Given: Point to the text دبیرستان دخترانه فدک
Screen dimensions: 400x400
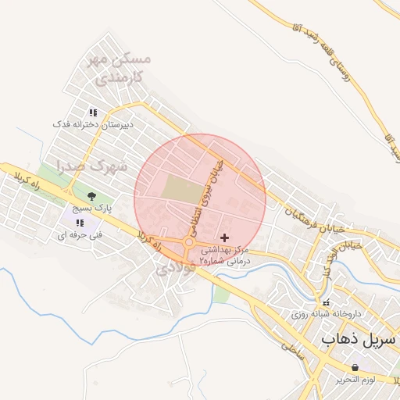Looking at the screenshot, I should (93, 124).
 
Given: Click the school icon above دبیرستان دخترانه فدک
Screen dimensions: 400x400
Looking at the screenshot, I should (93, 112).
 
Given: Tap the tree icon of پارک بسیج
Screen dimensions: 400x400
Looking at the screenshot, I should (92, 196).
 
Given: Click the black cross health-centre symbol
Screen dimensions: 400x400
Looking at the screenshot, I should (225, 237).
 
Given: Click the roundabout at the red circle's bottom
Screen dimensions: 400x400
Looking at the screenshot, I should (190, 244).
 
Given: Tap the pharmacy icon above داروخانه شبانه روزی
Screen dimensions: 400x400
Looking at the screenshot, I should (326, 302).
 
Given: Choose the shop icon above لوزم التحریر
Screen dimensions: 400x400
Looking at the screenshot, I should (355, 367).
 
